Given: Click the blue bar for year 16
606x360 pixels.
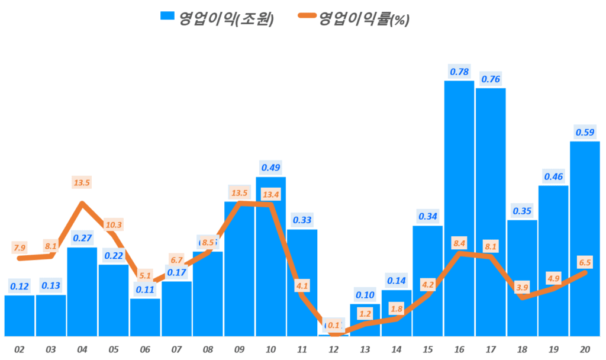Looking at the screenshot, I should (459, 207).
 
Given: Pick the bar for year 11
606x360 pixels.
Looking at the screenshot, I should (302, 282).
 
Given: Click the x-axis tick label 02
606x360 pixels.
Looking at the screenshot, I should (20, 350).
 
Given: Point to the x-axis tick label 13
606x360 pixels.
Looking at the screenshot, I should (365, 350).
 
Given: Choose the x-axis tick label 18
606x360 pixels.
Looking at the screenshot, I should (522, 350).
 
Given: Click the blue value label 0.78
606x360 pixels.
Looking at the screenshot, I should (459, 72).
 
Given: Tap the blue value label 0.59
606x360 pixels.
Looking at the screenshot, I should (585, 131).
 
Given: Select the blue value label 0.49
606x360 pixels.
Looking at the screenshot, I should (270, 168).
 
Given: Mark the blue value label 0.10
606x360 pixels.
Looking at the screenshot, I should (365, 294).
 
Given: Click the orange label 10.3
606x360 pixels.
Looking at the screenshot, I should (114, 225).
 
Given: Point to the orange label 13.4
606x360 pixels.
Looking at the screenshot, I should (270, 194).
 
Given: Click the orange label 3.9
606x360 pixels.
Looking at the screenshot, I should (522, 287).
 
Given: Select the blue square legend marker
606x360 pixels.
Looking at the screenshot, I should (167, 17).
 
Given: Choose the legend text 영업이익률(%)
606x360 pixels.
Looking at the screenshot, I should (364, 18).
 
